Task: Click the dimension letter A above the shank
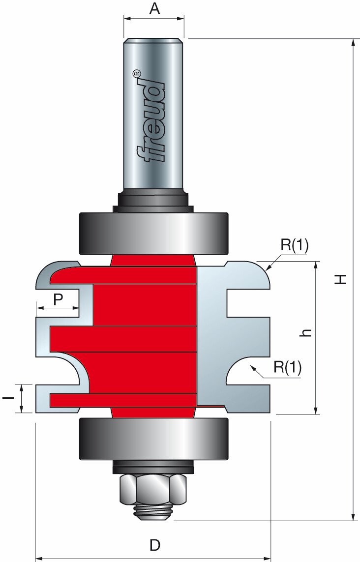154,9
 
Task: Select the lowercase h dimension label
307,333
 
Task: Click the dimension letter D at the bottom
154,545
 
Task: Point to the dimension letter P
59,299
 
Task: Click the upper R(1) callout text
294,246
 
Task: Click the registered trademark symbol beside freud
137,73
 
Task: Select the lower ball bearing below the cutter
153,439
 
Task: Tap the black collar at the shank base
153,200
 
